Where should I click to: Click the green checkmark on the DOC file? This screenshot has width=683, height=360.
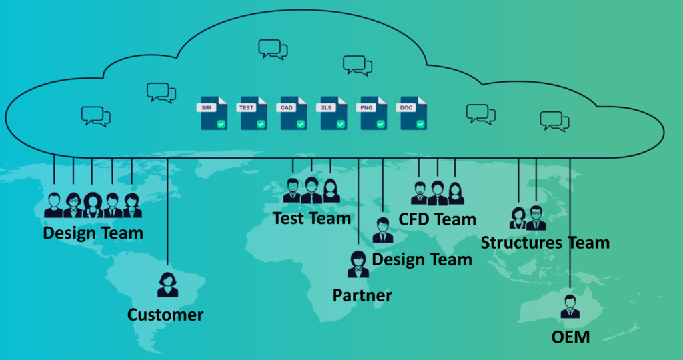click(420, 124)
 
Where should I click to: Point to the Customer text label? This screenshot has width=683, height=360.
click(165, 315)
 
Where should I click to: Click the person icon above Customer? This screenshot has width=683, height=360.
click(167, 285)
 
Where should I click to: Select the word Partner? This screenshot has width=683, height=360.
click(362, 295)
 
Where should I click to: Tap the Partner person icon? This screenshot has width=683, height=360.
click(358, 265)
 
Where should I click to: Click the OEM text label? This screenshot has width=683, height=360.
click(571, 337)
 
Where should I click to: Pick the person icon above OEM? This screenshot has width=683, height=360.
click(570, 306)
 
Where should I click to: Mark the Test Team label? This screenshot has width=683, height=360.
click(311, 218)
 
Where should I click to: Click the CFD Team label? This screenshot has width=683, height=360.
click(438, 219)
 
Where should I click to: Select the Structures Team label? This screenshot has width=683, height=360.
click(545, 243)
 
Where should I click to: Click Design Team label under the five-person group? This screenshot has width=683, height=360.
click(93, 233)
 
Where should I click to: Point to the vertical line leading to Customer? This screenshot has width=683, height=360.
click(167, 213)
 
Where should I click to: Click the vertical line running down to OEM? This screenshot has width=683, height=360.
click(570, 227)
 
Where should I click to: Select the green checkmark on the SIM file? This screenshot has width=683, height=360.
click(221, 124)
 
